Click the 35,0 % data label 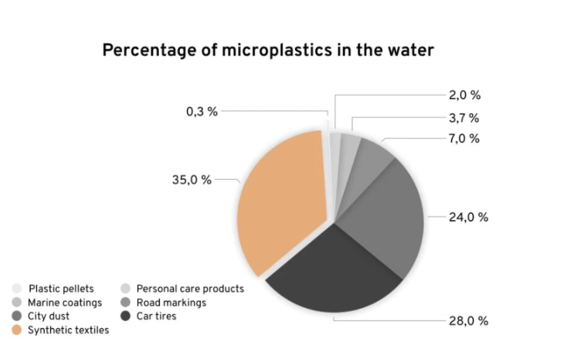[x=192, y=180]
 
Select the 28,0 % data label [x=468, y=321]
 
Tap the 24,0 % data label [x=468, y=217]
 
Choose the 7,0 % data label [x=464, y=138]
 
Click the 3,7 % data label [x=464, y=117]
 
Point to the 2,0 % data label [x=464, y=95]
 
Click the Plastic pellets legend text [x=61, y=288]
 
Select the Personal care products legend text [x=190, y=288]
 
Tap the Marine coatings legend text [x=65, y=302]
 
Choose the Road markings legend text [x=171, y=302]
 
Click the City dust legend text [x=48, y=316]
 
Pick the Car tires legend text [x=157, y=316]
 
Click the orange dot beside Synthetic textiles [x=17, y=330]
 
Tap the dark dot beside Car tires [x=125, y=316]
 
